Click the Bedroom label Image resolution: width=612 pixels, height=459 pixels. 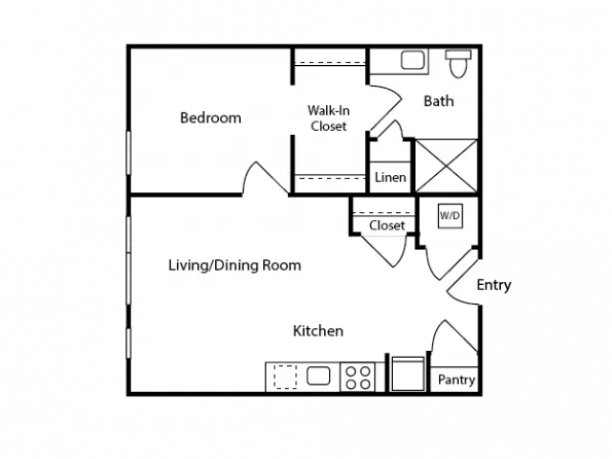pos(210,118)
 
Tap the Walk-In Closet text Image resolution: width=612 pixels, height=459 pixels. pos(329,119)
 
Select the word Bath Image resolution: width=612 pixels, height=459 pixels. pos(439,101)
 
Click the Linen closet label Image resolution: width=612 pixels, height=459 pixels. pos(390,178)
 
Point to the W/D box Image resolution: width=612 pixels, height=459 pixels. pos(450,215)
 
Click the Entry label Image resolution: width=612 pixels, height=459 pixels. pos(493,285)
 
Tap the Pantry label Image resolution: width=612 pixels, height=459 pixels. pos(456,380)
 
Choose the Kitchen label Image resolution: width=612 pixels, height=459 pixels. pos(318,331)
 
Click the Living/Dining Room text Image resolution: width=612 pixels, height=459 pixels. pos(234,266)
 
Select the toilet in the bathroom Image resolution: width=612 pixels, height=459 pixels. pos(458,63)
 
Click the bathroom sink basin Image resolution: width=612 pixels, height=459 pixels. pos(412,60)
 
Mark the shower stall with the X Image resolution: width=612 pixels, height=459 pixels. pos(446,165)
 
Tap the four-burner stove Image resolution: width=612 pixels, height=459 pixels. pos(358,377)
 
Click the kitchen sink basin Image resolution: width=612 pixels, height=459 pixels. pos(318,376)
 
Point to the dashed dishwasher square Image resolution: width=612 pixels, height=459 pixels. pos(285,377)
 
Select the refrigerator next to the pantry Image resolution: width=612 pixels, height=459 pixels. pos(408,374)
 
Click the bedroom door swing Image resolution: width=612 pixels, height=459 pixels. pos(266,178)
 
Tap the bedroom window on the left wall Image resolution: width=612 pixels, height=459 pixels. pos(128,153)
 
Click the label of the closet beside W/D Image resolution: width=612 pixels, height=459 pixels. pos(386,226)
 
